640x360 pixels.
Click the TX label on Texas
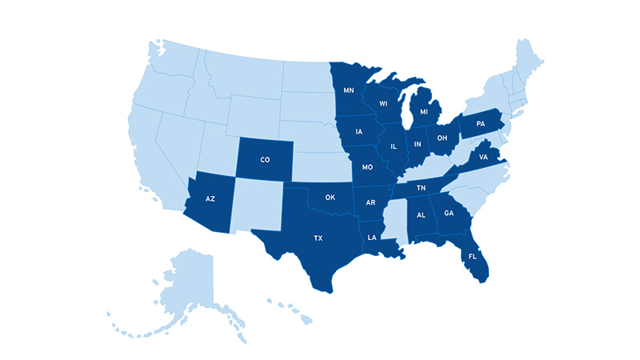pyautogui.click(x=318, y=238)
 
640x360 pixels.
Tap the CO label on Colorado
pyautogui.click(x=265, y=160)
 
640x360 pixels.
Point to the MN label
pyautogui.click(x=349, y=90)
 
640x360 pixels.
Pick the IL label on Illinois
pyautogui.click(x=394, y=146)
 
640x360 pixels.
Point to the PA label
pyautogui.click(x=481, y=124)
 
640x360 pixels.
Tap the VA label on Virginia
pyautogui.click(x=482, y=158)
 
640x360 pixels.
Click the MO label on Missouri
pyautogui.click(x=368, y=168)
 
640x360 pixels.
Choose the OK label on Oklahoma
pyautogui.click(x=330, y=197)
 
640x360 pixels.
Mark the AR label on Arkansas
pyautogui.click(x=370, y=202)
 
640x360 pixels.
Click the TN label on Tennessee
pyautogui.click(x=422, y=188)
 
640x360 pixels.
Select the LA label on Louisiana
pyautogui.click(x=372, y=238)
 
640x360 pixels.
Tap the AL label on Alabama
pyautogui.click(x=418, y=214)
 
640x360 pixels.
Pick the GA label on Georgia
pyautogui.click(x=448, y=214)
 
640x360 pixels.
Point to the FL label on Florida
pyautogui.click(x=473, y=257)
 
